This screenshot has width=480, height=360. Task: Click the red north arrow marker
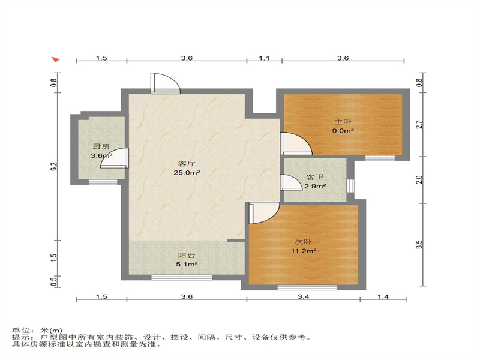(55, 60)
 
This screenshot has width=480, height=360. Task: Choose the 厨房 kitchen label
(101, 146)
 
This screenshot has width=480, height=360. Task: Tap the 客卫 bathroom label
(315, 178)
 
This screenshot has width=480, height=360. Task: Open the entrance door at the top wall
(164, 83)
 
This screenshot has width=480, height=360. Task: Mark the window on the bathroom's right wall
(351, 185)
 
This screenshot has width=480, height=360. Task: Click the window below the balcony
(182, 277)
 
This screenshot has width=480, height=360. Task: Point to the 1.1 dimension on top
(265, 58)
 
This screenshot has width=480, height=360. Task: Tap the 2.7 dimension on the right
(421, 125)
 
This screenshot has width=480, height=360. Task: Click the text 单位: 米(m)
(37, 331)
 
